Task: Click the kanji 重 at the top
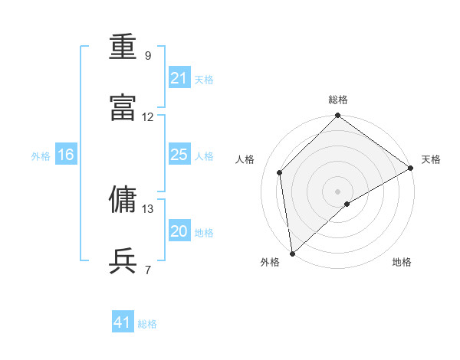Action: click(x=123, y=48)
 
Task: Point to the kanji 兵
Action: click(x=123, y=260)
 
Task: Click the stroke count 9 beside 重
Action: click(x=148, y=55)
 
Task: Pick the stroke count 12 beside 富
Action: click(x=148, y=117)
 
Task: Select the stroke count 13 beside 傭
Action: click(x=148, y=208)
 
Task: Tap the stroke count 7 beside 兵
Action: click(x=148, y=270)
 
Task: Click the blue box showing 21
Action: click(x=179, y=78)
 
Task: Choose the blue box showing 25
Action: click(x=179, y=155)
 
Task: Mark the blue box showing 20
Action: click(x=179, y=231)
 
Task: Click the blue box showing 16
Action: click(x=66, y=155)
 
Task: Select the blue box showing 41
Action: click(x=123, y=322)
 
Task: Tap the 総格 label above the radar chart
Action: click(x=338, y=100)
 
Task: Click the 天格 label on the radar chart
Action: click(x=431, y=159)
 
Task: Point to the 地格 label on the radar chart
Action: click(x=402, y=262)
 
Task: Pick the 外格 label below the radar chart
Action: click(x=270, y=262)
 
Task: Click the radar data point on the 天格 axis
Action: click(x=411, y=168)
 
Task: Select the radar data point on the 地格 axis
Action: click(x=347, y=204)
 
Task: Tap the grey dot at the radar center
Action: click(x=338, y=191)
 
